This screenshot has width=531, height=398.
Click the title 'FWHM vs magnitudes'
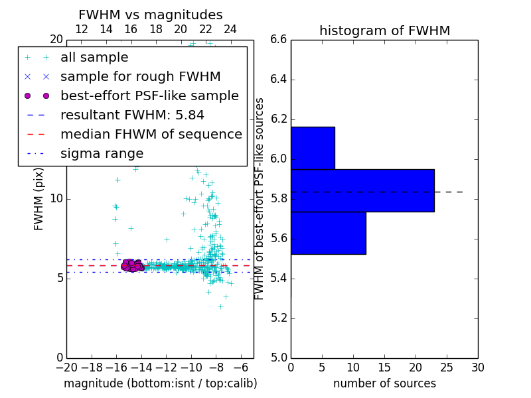[150, 15]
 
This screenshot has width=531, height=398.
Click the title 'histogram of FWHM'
[384, 31]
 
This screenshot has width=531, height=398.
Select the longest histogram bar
[362, 190]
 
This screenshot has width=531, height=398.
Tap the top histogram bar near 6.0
[313, 147]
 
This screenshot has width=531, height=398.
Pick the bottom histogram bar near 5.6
[328, 233]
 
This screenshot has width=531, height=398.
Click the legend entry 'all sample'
[94, 58]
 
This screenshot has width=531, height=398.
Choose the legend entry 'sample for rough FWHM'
[140, 76]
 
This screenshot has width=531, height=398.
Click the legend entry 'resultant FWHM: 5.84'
[132, 115]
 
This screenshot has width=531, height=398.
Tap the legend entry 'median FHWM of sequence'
[151, 134]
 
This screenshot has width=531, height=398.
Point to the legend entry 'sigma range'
[102, 153]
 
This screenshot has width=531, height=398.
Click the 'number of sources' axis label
[384, 383]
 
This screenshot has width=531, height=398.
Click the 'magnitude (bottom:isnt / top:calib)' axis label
[160, 383]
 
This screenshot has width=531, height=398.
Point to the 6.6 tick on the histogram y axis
[279, 40]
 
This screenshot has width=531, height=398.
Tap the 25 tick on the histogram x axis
[447, 367]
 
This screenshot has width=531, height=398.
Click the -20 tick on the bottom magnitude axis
[66, 367]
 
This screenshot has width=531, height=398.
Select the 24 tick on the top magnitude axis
[230, 30]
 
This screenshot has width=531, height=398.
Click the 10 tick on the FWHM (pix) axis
[57, 199]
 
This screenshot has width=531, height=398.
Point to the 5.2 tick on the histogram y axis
[279, 318]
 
